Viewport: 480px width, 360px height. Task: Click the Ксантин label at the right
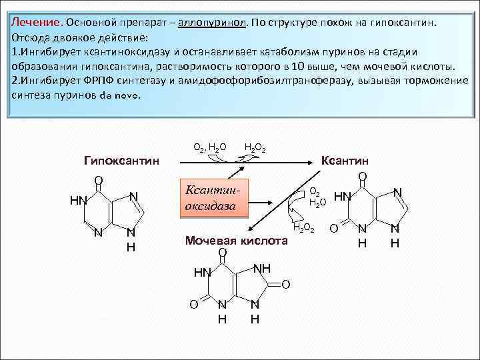(x=345, y=161)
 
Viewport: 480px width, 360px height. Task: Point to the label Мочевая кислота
(x=237, y=241)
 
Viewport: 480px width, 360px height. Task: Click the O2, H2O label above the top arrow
(x=209, y=147)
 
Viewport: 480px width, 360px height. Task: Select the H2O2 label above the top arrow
(x=255, y=147)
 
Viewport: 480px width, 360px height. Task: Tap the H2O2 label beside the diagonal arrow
(x=303, y=229)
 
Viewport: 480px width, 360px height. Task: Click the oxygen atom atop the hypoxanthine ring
(x=97, y=180)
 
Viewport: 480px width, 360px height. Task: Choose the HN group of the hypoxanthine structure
(x=78, y=200)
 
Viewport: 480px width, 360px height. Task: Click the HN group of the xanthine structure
(x=342, y=197)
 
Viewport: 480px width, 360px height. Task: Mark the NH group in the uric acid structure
(x=262, y=267)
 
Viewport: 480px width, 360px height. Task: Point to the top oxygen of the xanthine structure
(x=362, y=177)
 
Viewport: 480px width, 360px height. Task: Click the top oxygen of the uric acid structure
(x=223, y=252)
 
